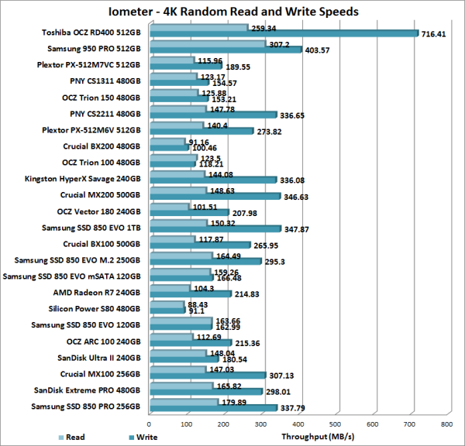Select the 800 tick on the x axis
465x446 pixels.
[x=446, y=424]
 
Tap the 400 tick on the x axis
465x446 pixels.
[x=298, y=424]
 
